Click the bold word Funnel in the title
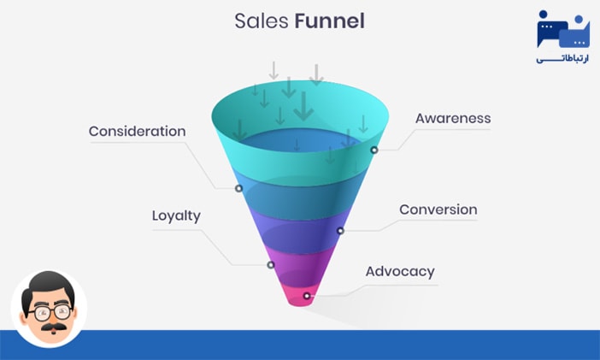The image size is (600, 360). [x=329, y=21]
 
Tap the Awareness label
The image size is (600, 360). [x=453, y=118]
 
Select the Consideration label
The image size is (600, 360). [x=137, y=132]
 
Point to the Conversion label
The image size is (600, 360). [x=438, y=210]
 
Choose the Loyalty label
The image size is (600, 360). [x=176, y=215]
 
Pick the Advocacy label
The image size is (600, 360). [x=400, y=272]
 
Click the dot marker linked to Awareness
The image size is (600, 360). [x=374, y=150]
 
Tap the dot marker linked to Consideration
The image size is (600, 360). [x=238, y=188]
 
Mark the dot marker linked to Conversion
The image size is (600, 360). [x=340, y=230]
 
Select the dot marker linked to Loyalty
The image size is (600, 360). [x=271, y=265]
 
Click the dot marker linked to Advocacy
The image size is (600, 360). [x=307, y=296]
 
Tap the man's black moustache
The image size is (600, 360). [x=48, y=327]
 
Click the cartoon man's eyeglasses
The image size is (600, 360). [x=48, y=311]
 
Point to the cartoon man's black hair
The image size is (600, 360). [x=49, y=285]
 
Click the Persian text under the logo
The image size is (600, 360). [x=562, y=59]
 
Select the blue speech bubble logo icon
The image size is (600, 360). [x=562, y=29]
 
